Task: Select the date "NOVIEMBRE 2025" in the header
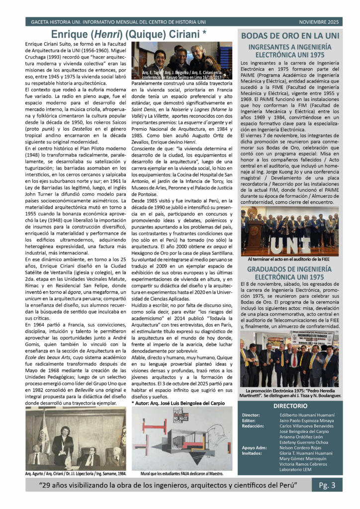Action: [x=318, y=22]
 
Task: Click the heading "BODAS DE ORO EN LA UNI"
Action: [x=290, y=36]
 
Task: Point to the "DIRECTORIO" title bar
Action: [x=289, y=406]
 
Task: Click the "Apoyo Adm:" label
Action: [x=255, y=447]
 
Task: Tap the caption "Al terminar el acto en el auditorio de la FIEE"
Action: [x=289, y=259]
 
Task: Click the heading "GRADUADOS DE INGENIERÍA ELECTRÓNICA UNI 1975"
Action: [x=289, y=272]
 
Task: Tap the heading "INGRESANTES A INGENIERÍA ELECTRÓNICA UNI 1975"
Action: [x=289, y=51]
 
